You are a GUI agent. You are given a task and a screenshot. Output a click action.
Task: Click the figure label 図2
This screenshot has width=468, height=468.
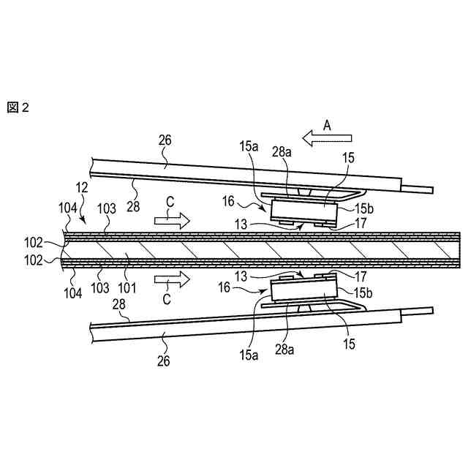pyautogui.click(x=18, y=107)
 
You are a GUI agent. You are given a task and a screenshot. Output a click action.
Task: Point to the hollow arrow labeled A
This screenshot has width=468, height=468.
pyautogui.click(x=327, y=137)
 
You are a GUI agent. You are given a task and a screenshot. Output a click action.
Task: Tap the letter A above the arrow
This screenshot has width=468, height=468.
pyautogui.click(x=327, y=125)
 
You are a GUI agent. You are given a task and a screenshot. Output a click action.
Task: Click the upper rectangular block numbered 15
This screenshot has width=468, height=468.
pyautogui.click(x=303, y=212)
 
